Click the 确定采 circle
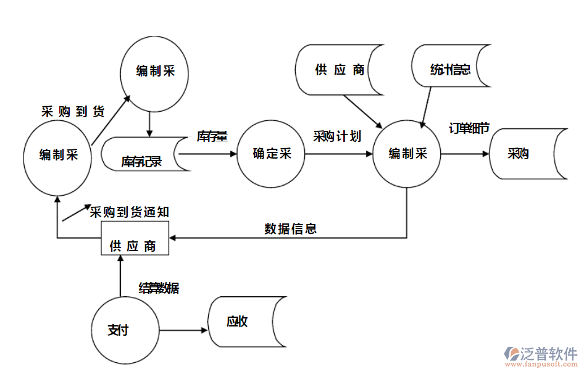tap(271, 154)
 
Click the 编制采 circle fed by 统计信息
tap(407, 154)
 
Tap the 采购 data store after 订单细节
tap(525, 154)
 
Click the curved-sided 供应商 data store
tap(340, 69)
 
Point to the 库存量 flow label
tap(212, 136)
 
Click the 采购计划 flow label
tap(336, 136)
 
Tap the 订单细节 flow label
tap(469, 128)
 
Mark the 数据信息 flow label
tap(290, 229)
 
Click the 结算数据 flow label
tap(159, 288)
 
